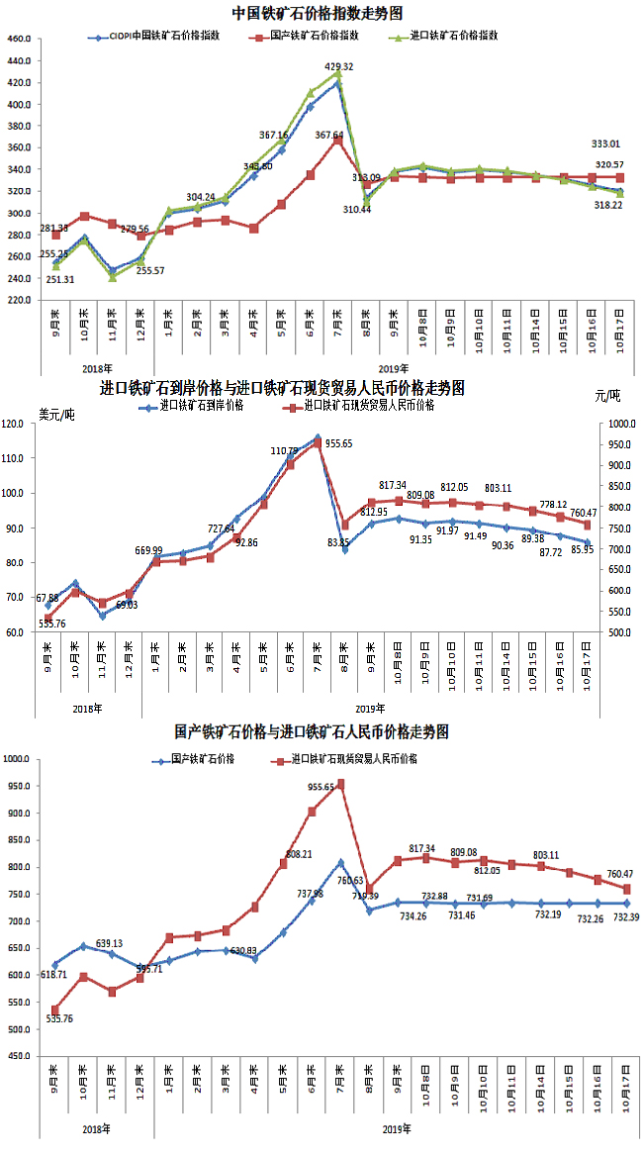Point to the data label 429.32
pyautogui.click(x=338, y=66)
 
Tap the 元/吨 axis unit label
pyautogui.click(x=607, y=396)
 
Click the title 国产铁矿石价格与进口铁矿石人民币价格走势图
pyautogui.click(x=313, y=732)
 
